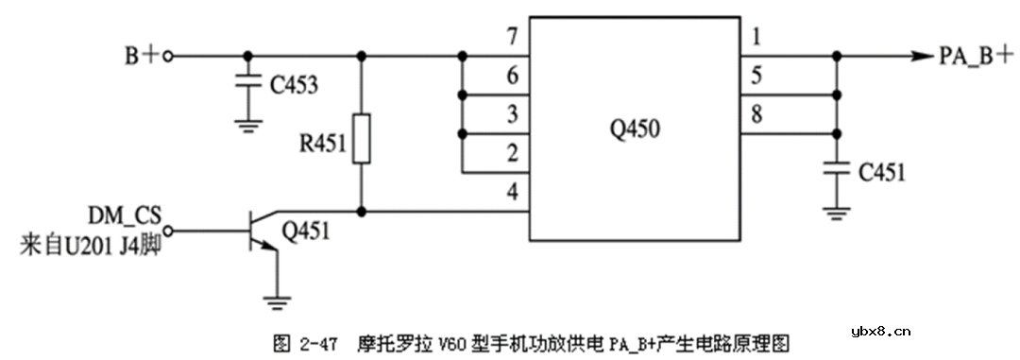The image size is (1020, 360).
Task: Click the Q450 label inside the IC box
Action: pos(635,131)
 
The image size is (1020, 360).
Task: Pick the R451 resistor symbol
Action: pos(361,140)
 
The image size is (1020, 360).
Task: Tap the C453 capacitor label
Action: pos(294,86)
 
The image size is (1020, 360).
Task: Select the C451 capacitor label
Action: pos(882,172)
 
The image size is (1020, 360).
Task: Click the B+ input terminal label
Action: pos(143,56)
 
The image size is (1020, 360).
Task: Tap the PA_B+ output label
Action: pos(973,56)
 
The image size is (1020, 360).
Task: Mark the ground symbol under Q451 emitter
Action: pos(276,301)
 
